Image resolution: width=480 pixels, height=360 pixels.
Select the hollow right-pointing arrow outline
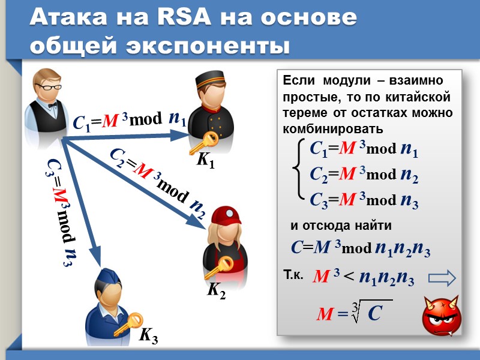click(443, 278)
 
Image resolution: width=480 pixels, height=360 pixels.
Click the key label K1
click(206, 162)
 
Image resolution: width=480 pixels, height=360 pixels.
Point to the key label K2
click(217, 292)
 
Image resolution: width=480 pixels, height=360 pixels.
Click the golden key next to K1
click(209, 142)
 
